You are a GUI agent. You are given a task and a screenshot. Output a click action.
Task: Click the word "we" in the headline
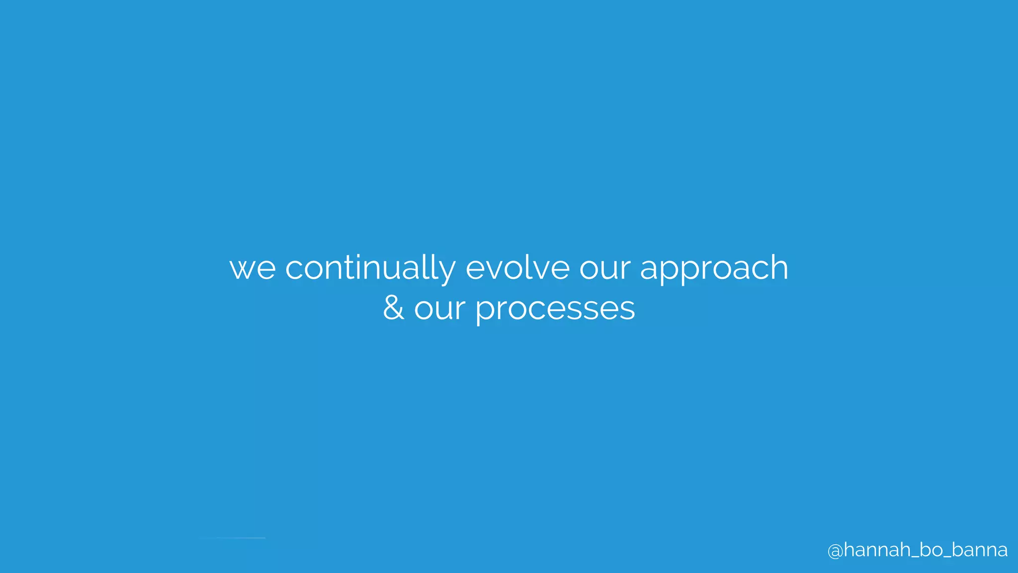[x=253, y=269]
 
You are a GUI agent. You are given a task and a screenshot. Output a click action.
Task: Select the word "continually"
[x=370, y=269]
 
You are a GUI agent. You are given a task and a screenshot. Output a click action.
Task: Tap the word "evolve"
[x=517, y=269]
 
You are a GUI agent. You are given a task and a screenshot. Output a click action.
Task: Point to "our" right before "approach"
[x=605, y=269]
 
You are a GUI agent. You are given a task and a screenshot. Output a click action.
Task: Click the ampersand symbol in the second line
[x=393, y=308]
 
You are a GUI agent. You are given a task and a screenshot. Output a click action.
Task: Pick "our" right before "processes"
[x=439, y=309]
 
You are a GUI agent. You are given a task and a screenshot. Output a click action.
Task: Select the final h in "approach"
[x=779, y=268]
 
